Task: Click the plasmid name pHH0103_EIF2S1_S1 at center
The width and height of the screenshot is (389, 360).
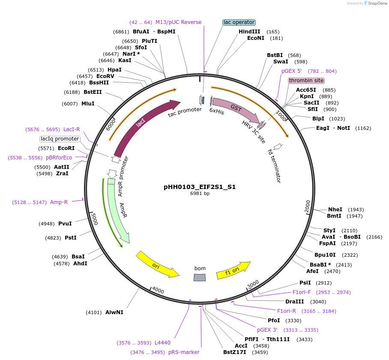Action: tap(200, 187)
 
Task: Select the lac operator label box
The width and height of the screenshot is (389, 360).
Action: tap(239, 22)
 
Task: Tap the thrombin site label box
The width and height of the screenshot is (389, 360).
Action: tap(306, 81)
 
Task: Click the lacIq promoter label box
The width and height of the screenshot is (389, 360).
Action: tap(60, 139)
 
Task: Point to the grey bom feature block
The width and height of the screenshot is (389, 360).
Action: tap(200, 278)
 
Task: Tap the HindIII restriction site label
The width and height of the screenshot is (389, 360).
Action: tap(249, 32)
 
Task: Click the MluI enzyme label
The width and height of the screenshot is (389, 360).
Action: tap(88, 104)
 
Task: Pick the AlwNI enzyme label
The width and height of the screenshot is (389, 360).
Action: tap(114, 312)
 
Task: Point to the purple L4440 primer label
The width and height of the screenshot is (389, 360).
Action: tap(162, 343)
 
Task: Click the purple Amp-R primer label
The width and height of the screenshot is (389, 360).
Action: tap(59, 202)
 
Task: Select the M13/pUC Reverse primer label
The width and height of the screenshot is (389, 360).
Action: tap(178, 22)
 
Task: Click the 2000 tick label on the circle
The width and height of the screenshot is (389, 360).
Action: tap(307, 206)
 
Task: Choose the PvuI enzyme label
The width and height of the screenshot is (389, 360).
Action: tap(65, 223)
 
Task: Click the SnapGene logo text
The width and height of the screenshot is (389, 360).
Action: tap(377, 3)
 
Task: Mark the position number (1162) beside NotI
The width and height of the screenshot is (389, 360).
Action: tap(363, 128)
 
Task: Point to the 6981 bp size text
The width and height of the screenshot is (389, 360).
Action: tap(200, 194)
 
